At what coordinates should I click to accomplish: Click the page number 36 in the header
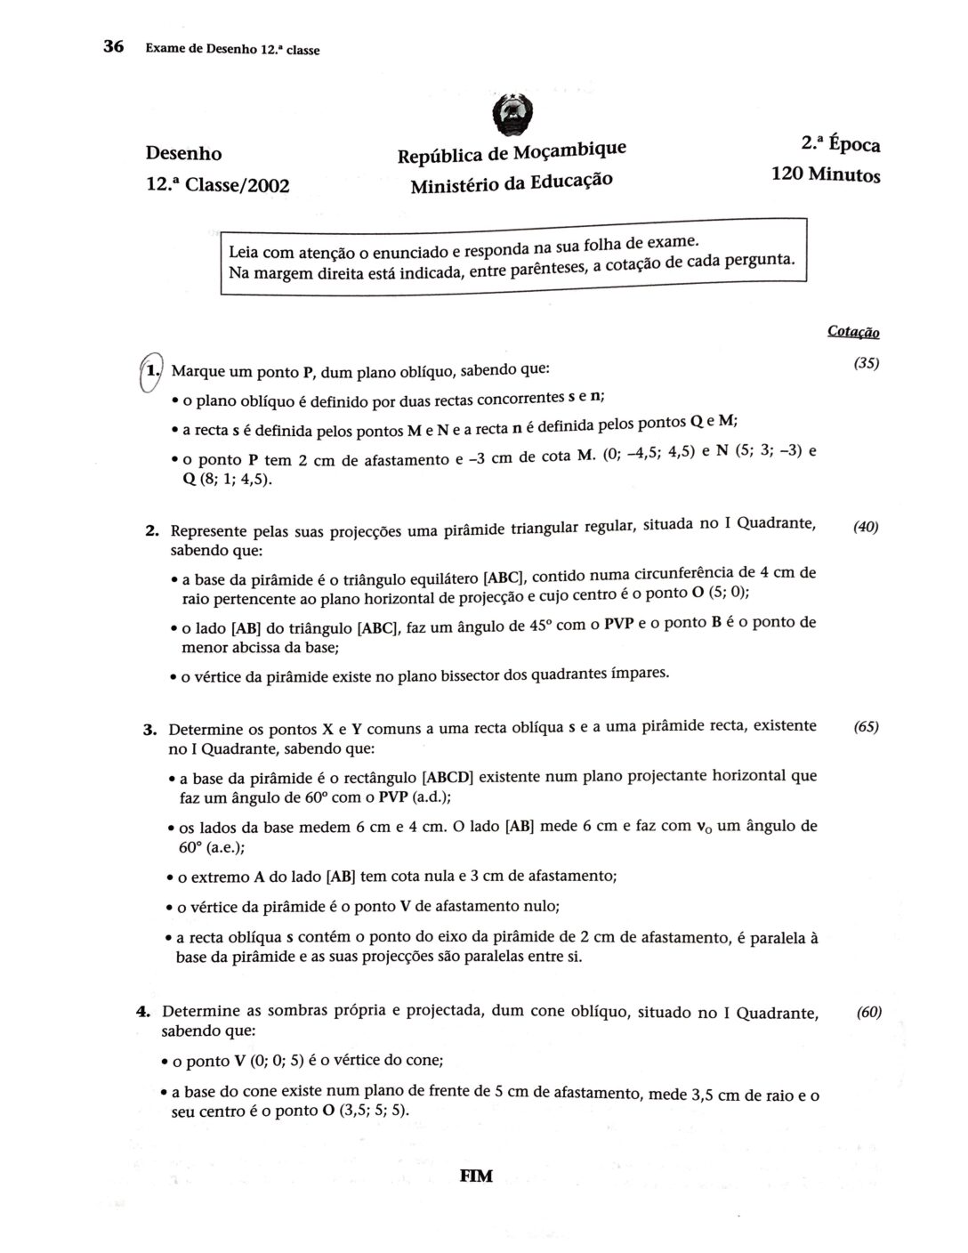click(113, 47)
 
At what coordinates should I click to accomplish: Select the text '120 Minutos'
click(826, 174)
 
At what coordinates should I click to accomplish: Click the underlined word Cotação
click(853, 332)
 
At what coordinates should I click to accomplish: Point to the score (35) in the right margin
click(866, 363)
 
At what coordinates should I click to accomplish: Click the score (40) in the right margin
click(866, 527)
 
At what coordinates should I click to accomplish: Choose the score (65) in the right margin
click(866, 726)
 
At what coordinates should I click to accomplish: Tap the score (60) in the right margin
click(868, 1012)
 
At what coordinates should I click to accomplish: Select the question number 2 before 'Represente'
click(151, 532)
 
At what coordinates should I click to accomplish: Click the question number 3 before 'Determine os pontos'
click(149, 731)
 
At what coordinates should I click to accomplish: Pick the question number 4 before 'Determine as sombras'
click(142, 1012)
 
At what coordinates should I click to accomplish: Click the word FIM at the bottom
click(476, 1176)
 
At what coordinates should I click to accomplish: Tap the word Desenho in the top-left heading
click(183, 154)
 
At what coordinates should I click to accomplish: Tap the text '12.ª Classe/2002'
click(217, 186)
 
